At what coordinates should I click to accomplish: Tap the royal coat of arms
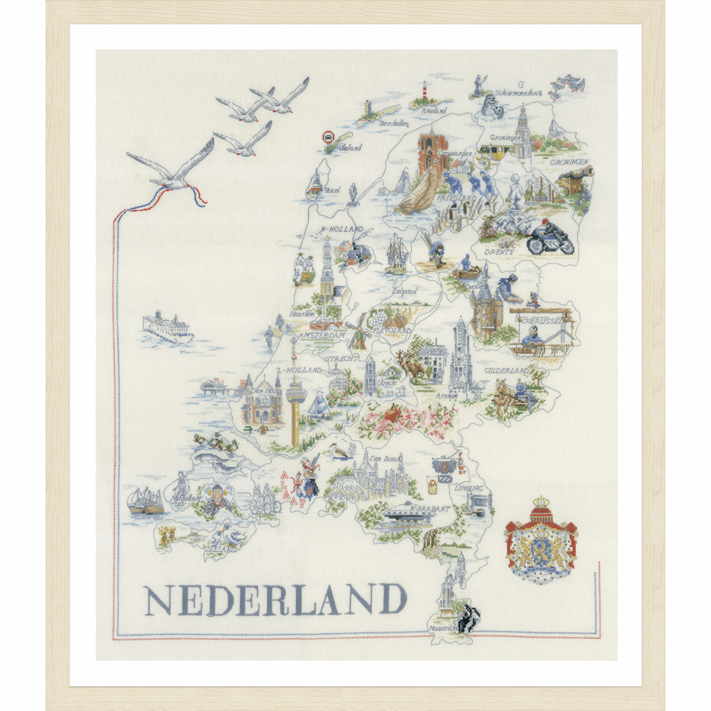pos(540,539)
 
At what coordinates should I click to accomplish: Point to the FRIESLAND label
pos(457,198)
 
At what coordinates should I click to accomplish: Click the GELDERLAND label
pos(506,371)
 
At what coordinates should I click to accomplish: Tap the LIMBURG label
pos(469,488)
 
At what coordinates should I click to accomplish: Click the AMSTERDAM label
pos(322,336)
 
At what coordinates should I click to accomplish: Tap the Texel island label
pos(332,191)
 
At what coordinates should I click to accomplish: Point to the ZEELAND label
pos(220,550)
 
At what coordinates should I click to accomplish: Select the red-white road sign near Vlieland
pos(328,137)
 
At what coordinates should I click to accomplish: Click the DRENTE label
pos(499,252)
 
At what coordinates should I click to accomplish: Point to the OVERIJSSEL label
pos(543,321)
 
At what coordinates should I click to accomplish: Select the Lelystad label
pos(405,292)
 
